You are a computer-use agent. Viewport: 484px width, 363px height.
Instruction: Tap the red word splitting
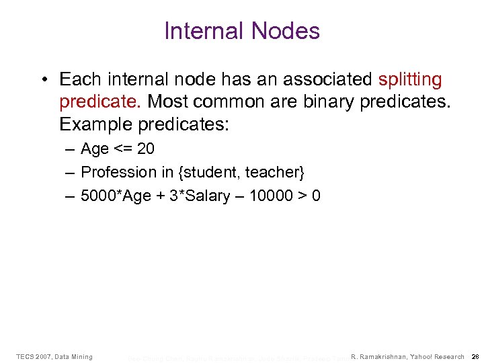pyautogui.click(x=410, y=80)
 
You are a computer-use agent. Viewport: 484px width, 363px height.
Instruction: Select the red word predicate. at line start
pyautogui.click(x=100, y=102)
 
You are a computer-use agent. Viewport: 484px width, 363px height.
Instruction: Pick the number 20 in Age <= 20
pyautogui.click(x=145, y=149)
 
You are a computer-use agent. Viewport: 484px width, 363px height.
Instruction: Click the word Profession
pyautogui.click(x=118, y=172)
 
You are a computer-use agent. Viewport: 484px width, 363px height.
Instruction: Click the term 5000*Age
pyautogui.click(x=112, y=196)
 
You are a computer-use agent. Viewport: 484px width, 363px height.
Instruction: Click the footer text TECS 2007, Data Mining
pyautogui.click(x=54, y=356)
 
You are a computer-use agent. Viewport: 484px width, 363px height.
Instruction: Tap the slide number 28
pyautogui.click(x=475, y=356)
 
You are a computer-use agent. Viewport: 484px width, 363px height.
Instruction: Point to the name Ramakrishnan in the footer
pyautogui.click(x=379, y=356)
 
